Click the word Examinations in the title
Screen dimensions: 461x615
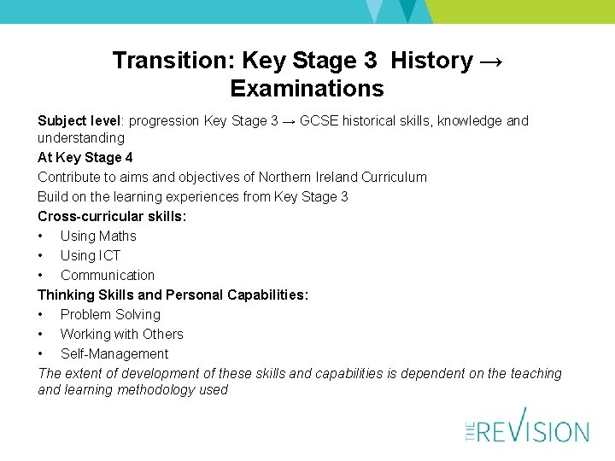307,89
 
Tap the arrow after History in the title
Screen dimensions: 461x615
491,61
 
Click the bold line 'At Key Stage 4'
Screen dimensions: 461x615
85,157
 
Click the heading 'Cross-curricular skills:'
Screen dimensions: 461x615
112,216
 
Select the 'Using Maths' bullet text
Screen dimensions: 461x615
98,236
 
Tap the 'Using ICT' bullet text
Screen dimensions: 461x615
91,255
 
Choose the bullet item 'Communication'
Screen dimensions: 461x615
108,275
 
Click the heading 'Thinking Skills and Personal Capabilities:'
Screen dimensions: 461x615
173,295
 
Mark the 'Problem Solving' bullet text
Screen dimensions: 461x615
110,314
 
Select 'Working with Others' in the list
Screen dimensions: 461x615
121,334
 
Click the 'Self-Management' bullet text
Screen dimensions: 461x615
114,353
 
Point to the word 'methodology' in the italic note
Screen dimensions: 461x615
191,390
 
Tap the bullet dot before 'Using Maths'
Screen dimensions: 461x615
41,236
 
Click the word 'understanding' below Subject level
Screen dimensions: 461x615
80,137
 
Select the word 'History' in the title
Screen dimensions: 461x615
431,61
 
